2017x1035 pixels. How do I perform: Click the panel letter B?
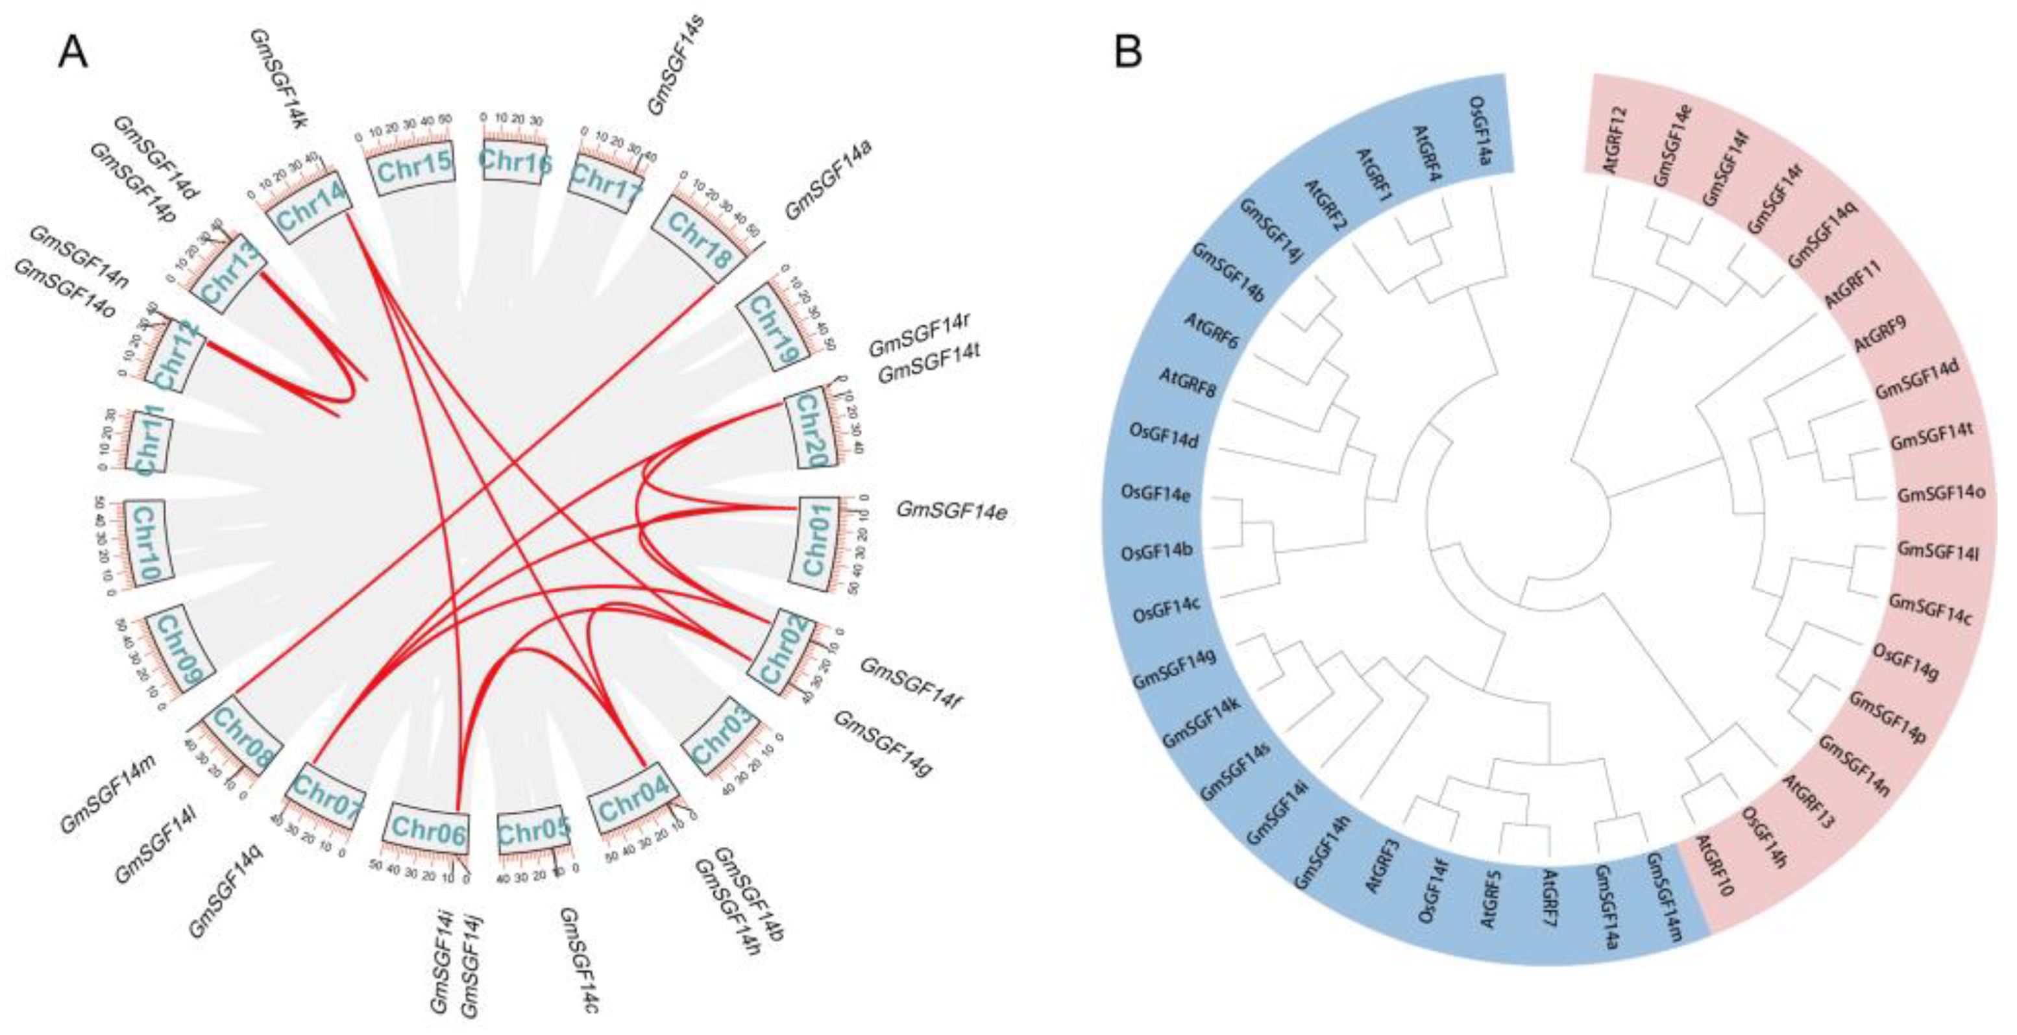pyautogui.click(x=1129, y=53)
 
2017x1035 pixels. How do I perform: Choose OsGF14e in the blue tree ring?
pyautogui.click(x=1156, y=494)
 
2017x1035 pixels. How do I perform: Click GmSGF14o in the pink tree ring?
pyautogui.click(x=1940, y=496)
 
